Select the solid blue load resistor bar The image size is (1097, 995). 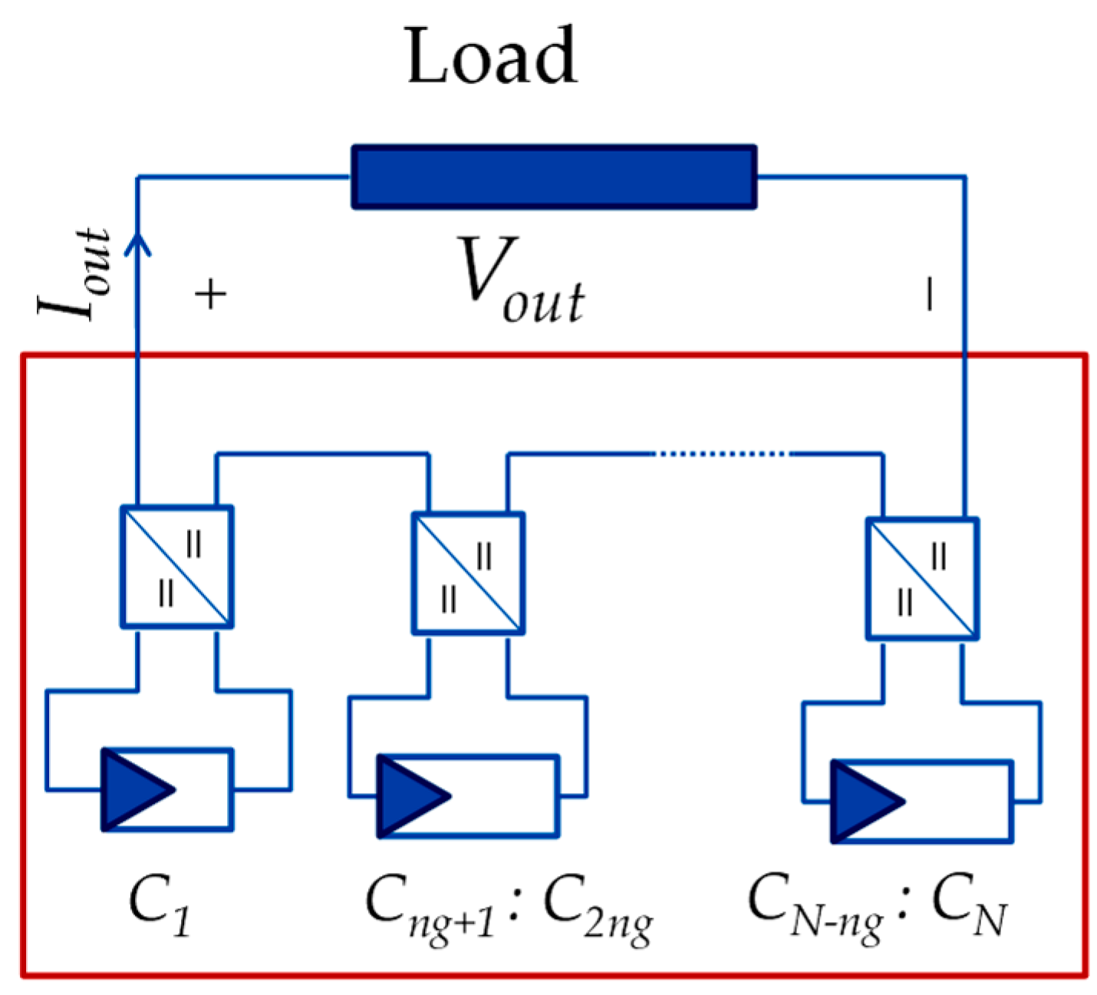554,177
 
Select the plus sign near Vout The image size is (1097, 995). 211,295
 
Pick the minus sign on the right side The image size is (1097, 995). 930,294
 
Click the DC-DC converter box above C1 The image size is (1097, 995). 176,567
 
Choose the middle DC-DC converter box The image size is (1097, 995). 468,574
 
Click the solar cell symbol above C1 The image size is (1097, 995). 167,789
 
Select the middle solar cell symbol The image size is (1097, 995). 468,796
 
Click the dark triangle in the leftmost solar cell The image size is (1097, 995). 134,789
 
